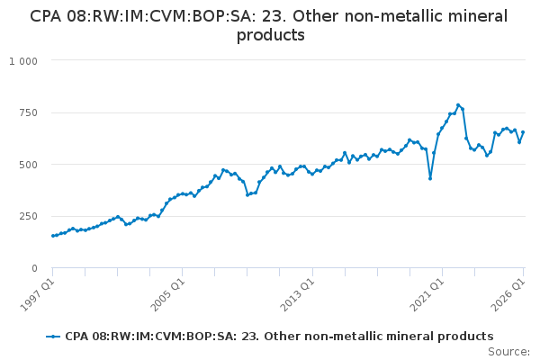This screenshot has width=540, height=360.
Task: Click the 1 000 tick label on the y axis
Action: (23, 61)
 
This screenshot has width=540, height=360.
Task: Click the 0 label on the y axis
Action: (34, 268)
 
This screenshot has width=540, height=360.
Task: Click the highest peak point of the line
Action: (458, 105)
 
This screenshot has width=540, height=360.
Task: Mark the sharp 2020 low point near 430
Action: (430, 178)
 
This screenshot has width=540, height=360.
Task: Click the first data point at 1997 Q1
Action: (53, 236)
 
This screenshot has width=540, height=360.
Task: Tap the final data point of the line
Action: (523, 132)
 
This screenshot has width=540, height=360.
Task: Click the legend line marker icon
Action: (53, 337)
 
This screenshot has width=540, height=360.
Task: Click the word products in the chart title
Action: (271, 35)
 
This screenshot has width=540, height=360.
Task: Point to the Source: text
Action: (509, 352)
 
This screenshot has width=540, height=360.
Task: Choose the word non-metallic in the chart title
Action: (393, 16)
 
